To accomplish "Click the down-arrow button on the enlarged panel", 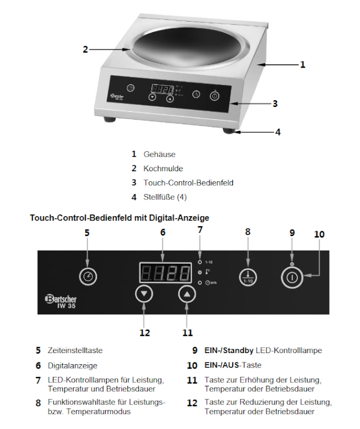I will [144, 294].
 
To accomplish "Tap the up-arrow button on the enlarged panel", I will [188, 294].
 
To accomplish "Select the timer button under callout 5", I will [87, 275].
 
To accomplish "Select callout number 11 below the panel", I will [188, 332].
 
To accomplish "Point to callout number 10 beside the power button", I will [319, 234].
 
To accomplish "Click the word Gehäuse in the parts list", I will [160, 154].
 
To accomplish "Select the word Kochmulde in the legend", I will [163, 168].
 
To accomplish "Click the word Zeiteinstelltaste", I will [75, 351].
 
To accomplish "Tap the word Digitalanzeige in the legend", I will [72, 366].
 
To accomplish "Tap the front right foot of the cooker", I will [229, 131].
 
